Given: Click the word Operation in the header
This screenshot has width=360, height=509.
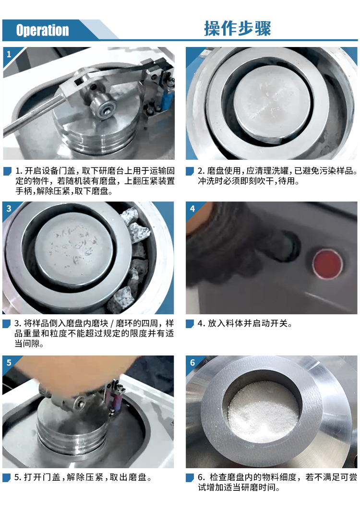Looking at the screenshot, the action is (x=43, y=30).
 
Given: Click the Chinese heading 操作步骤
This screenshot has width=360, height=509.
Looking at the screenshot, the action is (x=238, y=28).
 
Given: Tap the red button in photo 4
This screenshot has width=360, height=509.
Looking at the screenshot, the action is (x=327, y=263).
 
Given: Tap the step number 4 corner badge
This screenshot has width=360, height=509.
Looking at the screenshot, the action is (x=192, y=208).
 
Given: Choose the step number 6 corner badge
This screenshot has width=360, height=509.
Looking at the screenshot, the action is (x=192, y=362).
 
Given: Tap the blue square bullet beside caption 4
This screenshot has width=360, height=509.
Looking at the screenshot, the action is (x=190, y=324).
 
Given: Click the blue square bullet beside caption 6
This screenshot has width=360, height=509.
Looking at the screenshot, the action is (x=190, y=477).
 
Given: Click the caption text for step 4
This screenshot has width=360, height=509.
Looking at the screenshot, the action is (x=245, y=323).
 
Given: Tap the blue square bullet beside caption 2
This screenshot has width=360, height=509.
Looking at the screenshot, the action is (x=190, y=171).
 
